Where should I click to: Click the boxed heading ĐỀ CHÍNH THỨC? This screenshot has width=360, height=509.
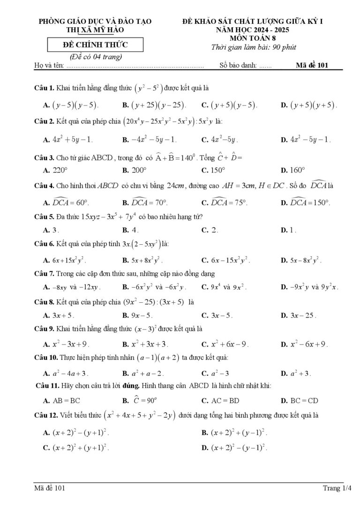95,45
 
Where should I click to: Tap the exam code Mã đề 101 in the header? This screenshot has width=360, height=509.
312,65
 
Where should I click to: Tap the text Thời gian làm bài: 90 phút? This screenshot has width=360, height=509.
254,47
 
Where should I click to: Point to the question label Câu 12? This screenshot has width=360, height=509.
46,415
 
